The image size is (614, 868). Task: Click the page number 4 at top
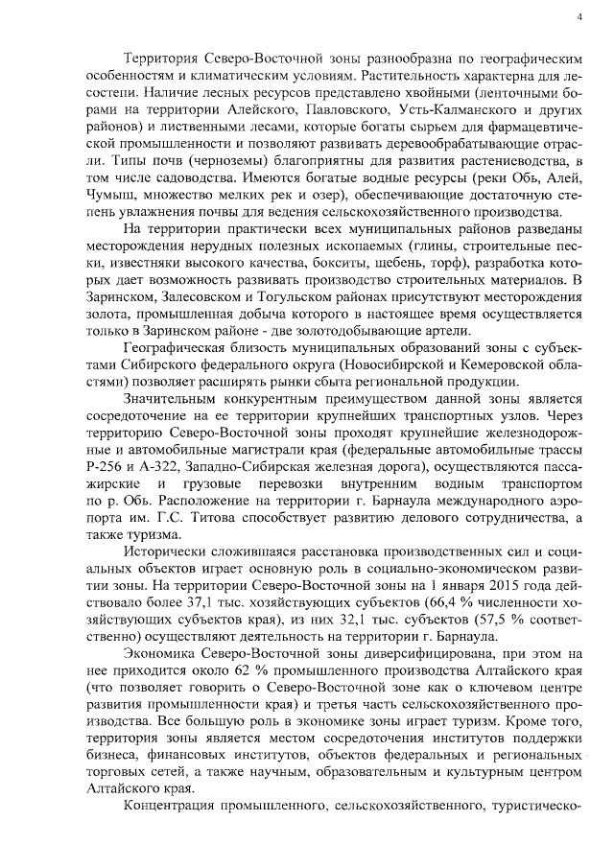coord(579,17)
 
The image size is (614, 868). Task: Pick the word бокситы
coord(322,262)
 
